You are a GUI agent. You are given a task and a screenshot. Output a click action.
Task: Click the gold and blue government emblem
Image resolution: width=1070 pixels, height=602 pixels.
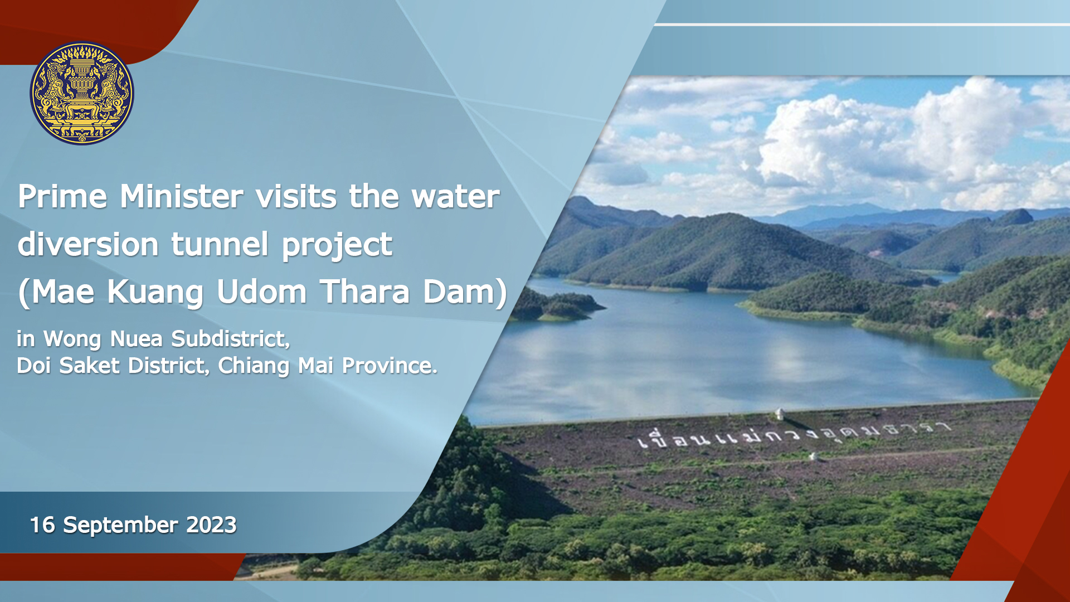point(82,93)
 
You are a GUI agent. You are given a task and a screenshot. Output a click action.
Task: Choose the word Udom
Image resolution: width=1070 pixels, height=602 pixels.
point(261,292)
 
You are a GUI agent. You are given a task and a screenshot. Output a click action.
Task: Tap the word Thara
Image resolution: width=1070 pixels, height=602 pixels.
point(365,292)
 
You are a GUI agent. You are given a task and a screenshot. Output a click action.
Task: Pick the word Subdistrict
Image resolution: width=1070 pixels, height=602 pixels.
point(231,338)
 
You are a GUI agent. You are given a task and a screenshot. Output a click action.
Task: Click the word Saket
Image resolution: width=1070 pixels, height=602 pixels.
point(89,366)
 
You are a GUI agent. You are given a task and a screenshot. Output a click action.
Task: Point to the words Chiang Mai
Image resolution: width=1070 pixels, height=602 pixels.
point(276,366)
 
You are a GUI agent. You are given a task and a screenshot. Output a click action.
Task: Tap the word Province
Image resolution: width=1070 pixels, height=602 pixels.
point(390,366)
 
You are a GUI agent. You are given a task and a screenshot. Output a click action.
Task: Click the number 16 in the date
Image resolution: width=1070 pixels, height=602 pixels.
point(42,525)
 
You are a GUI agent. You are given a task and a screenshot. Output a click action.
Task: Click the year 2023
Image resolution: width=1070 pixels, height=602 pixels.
point(211,525)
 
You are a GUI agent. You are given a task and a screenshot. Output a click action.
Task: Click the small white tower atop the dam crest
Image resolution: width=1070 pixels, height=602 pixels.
point(780,414)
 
